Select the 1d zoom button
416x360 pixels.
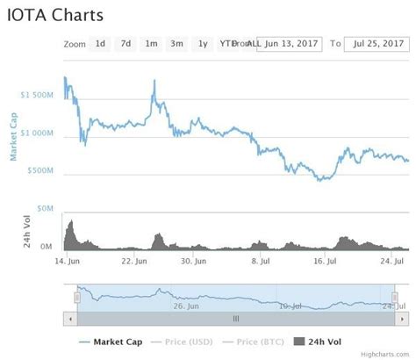(100, 43)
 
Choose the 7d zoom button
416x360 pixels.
(126, 43)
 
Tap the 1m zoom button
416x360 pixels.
(151, 43)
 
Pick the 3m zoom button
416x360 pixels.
(176, 43)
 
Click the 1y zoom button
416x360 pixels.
(203, 43)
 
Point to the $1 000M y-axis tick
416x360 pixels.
(41, 133)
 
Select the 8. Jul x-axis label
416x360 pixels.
(260, 261)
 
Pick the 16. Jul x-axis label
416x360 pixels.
(326, 261)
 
